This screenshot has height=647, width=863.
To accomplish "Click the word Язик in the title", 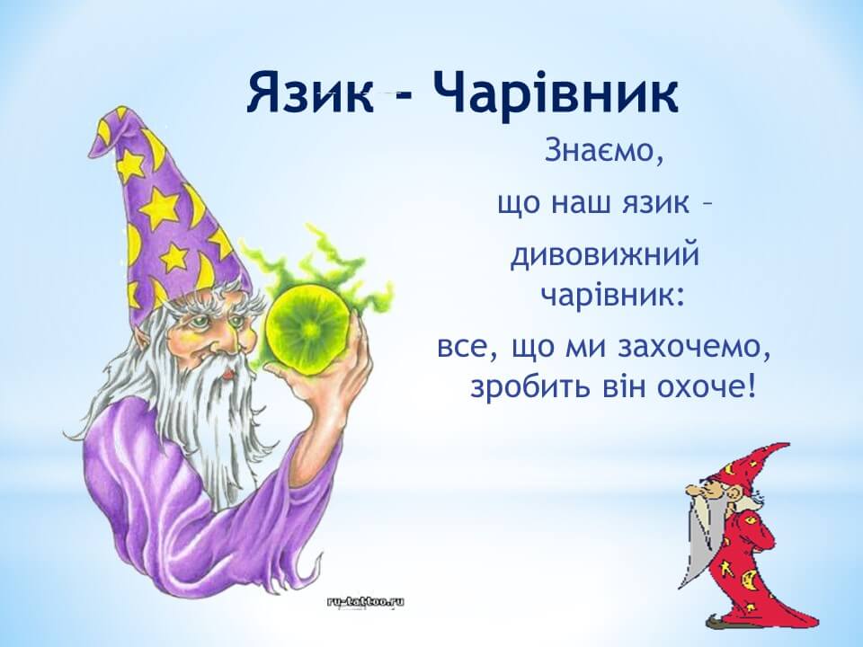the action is pos(310,93).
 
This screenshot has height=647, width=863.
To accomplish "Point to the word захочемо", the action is pos(693,348).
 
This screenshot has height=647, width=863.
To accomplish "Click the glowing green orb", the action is pos(308,330).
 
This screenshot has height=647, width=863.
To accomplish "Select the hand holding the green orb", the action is pos(330,379).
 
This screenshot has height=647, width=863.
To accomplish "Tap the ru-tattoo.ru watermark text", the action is pos(366,601).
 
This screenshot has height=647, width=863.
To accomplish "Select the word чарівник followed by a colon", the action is pos(612,297).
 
